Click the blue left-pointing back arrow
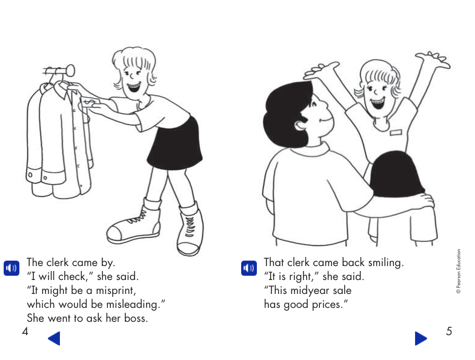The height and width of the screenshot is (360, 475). [x=54, y=338]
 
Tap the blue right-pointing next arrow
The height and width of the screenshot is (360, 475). [x=420, y=338]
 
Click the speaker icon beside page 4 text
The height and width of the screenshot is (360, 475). [x=12, y=268]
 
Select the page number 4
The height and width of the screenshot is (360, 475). [x=25, y=331]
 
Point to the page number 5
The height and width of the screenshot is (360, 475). [x=449, y=331]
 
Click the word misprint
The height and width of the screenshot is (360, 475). [x=118, y=290]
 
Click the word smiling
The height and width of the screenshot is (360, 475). [x=382, y=263]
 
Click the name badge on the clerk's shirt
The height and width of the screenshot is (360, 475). [x=396, y=132]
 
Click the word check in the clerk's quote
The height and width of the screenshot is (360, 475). [x=73, y=277]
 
